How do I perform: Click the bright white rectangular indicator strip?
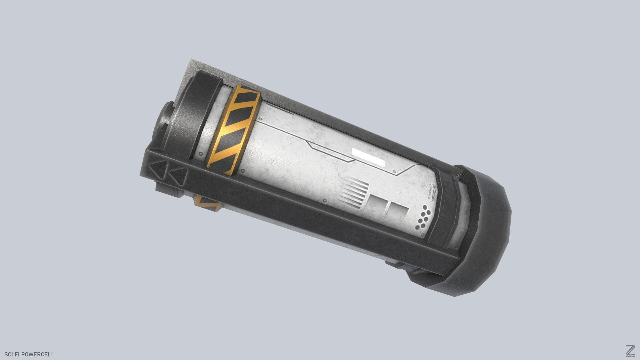pyautogui.click(x=368, y=157)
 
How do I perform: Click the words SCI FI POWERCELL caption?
pyautogui.click(x=29, y=354)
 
